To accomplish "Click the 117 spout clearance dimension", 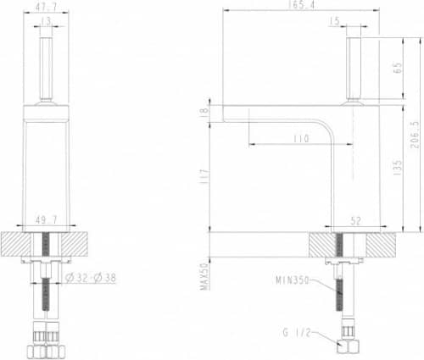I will pyautogui.click(x=202, y=178).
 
